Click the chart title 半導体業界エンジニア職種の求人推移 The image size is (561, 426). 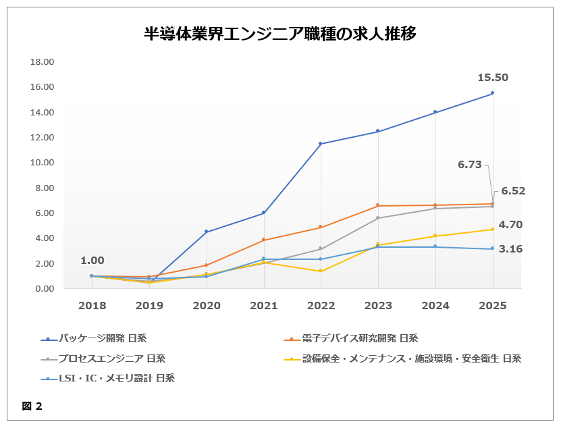[x=280, y=34]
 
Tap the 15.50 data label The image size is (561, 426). [x=492, y=78]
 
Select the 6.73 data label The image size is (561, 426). [x=469, y=165]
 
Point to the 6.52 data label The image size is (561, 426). [x=513, y=191]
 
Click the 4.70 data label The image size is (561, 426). [x=510, y=225]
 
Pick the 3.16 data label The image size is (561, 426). [x=510, y=249]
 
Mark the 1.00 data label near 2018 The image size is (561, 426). [x=92, y=261]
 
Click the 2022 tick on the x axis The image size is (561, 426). [x=321, y=306]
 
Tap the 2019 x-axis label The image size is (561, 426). [x=149, y=306]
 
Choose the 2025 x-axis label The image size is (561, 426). [x=492, y=306]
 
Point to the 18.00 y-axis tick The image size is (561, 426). [x=43, y=62]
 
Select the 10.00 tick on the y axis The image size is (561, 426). [x=43, y=163]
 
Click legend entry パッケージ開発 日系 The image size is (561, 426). [x=102, y=339]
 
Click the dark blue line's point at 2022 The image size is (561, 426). [x=321, y=144]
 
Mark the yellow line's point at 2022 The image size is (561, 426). [x=321, y=271]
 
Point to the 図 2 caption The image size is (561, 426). [x=32, y=406]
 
